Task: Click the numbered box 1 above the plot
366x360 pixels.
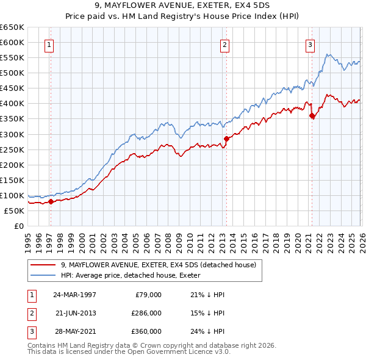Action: tap(48, 44)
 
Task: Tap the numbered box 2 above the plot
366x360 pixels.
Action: tap(224, 44)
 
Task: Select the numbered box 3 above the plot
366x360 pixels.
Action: tap(310, 44)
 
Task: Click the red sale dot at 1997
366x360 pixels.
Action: tap(51, 202)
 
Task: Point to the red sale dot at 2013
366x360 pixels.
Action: tap(226, 139)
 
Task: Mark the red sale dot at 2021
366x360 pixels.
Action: tap(312, 115)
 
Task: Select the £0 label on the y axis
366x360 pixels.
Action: tap(18, 226)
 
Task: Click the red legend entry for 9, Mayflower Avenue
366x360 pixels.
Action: tap(162, 265)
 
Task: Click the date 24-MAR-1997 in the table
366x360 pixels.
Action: tap(74, 295)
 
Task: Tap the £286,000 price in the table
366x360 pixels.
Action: tap(146, 313)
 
